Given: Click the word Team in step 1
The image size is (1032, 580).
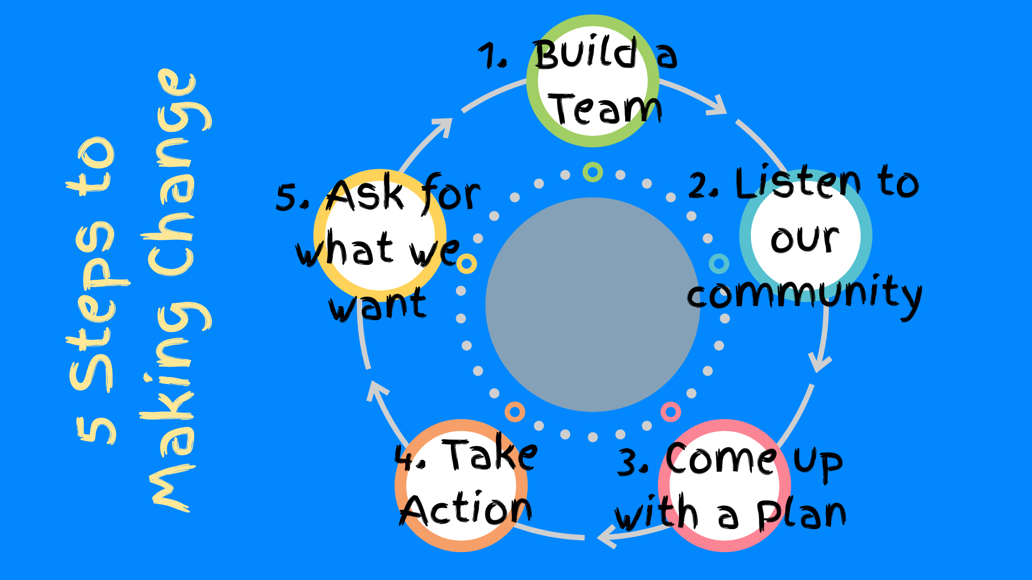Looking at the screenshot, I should coord(605,110).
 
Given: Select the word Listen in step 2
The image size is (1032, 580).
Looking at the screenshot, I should coord(799,183).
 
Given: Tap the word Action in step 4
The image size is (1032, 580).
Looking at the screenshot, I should coord(467,509).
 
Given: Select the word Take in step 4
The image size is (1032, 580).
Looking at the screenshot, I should coord(490,455).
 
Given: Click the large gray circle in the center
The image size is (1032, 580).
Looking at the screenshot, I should coord(592,305).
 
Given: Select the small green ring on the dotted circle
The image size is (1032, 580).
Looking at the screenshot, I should coord(592,172).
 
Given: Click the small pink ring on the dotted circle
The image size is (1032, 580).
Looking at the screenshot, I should coord(671,412).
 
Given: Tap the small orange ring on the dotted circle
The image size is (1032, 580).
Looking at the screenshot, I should coord(514,412).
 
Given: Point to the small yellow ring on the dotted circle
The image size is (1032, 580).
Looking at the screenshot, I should coord(467,264).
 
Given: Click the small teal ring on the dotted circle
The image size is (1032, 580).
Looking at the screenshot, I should coord(719,264).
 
